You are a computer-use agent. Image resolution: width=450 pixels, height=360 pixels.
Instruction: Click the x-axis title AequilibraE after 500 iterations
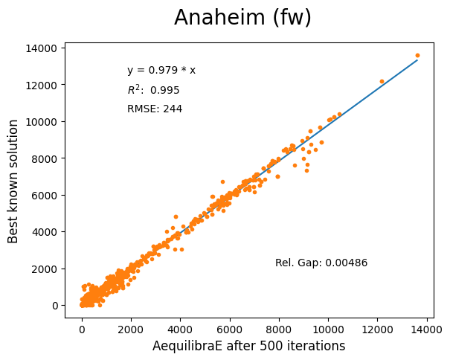248,346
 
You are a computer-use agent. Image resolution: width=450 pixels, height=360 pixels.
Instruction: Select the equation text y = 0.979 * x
161,71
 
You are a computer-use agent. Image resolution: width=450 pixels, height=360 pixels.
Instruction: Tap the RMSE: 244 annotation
155,109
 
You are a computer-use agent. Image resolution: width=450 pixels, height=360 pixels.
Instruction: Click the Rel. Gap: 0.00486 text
321,263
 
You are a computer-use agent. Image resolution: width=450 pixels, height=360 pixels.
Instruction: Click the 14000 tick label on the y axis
42,48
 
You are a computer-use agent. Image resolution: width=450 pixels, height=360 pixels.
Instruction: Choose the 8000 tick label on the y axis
45,158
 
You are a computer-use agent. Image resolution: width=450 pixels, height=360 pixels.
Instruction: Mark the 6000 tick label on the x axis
230,327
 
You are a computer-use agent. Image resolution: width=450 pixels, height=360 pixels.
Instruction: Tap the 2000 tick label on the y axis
45,269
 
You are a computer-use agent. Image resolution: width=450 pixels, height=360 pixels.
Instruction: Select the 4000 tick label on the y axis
45,232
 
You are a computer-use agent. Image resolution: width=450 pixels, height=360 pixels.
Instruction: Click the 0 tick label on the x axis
82,327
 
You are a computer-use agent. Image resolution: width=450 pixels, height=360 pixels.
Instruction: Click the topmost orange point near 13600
417,55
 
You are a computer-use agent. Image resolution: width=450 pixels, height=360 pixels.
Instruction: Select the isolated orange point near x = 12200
382,81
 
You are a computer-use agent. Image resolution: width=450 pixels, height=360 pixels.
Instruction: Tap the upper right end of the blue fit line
417,60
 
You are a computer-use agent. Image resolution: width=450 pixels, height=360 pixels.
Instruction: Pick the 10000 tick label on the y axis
42,122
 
